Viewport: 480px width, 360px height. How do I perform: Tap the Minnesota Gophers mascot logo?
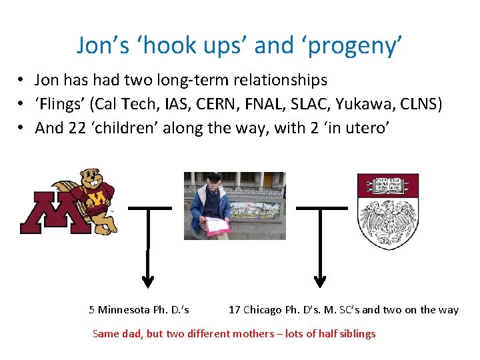pos(69,201)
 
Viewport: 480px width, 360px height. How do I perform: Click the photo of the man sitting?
pos(235,205)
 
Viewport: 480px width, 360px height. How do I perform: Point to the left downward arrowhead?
pos(149,281)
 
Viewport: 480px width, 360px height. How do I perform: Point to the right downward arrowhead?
pos(321,281)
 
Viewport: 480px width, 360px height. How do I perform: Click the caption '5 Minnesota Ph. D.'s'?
pos(139,309)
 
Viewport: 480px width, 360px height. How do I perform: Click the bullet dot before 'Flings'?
pos(22,104)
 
